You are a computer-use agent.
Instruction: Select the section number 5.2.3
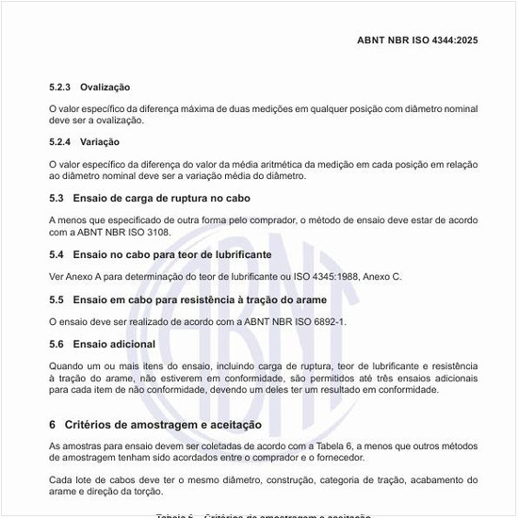[x=60, y=87]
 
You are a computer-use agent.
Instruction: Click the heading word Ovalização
[x=105, y=87]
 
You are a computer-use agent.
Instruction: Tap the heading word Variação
[x=100, y=141]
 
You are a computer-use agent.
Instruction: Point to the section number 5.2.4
[x=60, y=141]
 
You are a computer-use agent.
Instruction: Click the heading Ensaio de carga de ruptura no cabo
[x=162, y=199]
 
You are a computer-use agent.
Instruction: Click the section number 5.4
[x=57, y=254]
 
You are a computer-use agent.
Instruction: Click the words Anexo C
[x=380, y=277]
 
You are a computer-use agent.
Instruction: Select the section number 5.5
[x=57, y=299]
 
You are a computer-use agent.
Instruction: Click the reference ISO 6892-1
[x=316, y=322]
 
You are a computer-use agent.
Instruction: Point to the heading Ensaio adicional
[x=114, y=345]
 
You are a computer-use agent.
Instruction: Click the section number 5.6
[x=57, y=345]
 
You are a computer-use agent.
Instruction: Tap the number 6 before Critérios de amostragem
[x=53, y=425]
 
